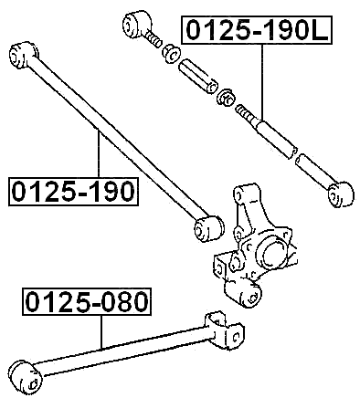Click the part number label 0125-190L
pos(256,32)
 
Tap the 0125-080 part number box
pos(88,301)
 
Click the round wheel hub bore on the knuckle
pos(272,248)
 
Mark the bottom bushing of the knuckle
pos(247,297)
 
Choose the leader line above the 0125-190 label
pos(98,155)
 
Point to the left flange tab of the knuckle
pos(220,268)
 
